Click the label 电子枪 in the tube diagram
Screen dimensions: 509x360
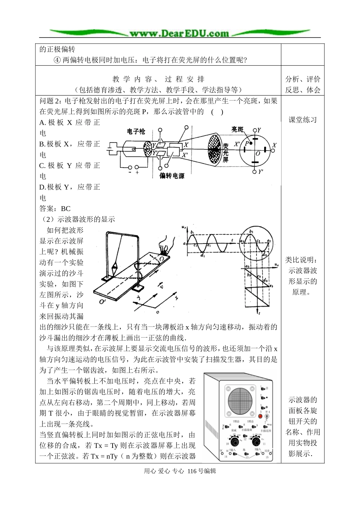[x=136, y=131]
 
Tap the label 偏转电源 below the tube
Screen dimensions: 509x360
[x=172, y=176]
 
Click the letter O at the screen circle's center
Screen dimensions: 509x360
[x=258, y=154]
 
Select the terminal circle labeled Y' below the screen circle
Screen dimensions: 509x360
[x=254, y=172]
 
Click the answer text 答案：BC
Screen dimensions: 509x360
[x=55, y=209]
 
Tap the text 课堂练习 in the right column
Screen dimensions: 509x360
[x=302, y=120]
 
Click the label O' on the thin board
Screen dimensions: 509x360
[x=102, y=302]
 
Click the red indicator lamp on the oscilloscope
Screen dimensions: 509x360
[x=260, y=416]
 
